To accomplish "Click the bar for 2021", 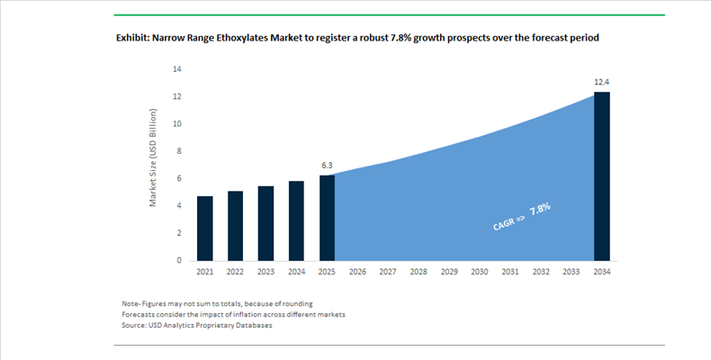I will (x=205, y=228).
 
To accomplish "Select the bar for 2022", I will (x=235, y=225).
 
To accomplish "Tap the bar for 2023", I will (x=265, y=222).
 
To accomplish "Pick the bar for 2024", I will (x=296, y=220).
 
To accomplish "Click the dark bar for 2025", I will (x=327, y=217).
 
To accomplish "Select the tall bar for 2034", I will (x=601, y=175).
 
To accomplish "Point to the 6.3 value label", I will (x=327, y=166).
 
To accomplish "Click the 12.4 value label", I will (x=601, y=82).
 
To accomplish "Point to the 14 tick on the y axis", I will (x=177, y=68).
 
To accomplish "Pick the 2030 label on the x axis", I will (x=479, y=271).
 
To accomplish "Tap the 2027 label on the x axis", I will (x=388, y=271).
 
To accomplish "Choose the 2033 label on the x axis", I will (x=571, y=271).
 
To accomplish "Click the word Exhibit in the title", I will (x=132, y=39).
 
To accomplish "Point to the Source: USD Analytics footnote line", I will (x=196, y=325).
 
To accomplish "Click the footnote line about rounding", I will (x=217, y=303).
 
